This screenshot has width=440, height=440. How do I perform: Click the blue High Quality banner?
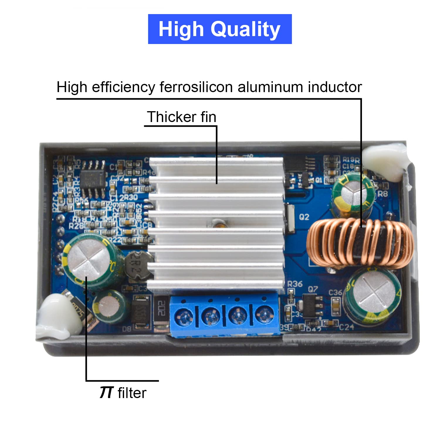click(x=220, y=29)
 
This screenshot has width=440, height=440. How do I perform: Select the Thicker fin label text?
click(x=182, y=117)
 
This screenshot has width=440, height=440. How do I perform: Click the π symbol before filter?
click(x=106, y=392)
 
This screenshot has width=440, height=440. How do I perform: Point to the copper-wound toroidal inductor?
click(x=360, y=244)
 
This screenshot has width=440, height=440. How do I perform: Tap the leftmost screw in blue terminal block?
click(x=183, y=317)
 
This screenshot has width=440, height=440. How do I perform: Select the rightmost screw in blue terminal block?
click(x=264, y=315)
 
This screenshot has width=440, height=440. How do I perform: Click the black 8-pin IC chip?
click(x=93, y=179)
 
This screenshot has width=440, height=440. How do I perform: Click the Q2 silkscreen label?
click(x=304, y=217)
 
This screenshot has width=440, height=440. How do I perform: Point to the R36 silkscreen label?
click(x=295, y=284)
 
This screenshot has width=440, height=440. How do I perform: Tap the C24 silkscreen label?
click(x=346, y=327)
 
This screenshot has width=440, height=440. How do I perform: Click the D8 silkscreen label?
click(x=127, y=329)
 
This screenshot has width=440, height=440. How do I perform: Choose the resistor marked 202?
click(x=161, y=308)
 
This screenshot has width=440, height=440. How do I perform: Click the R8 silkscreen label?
click(x=383, y=194)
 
